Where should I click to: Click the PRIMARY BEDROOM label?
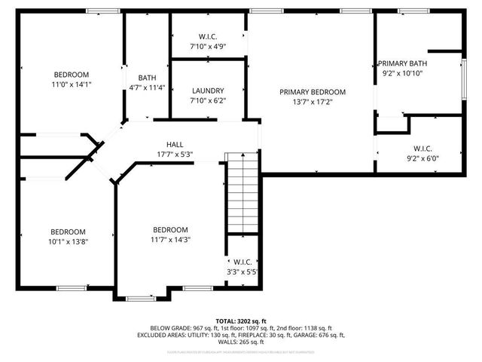tap(312, 92)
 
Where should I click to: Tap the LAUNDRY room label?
tap(208, 90)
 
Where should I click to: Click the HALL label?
tap(175, 144)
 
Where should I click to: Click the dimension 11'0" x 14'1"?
tap(72, 84)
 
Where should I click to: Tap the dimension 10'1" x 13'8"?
tap(68, 241)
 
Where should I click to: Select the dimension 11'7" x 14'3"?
tap(170, 240)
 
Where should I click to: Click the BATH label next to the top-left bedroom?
tap(147, 78)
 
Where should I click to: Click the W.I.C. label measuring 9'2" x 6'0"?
tap(421, 149)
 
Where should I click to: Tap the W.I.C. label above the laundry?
tap(208, 36)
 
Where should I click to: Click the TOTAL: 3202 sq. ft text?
tap(241, 321)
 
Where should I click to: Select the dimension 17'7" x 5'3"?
tap(175, 155)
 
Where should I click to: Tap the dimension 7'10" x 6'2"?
tap(208, 100)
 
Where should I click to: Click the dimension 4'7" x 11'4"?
tap(147, 87)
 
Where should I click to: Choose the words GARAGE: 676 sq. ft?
tap(320, 335)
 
